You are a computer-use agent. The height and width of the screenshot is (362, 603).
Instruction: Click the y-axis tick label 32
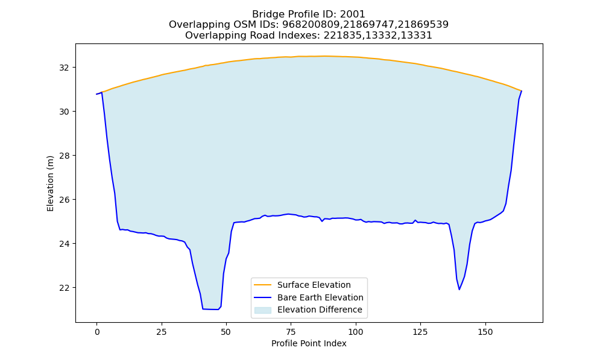[x=65, y=68]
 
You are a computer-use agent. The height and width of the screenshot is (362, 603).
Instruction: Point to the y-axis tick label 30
[x=65, y=112]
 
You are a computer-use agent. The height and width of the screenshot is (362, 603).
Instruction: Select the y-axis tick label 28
[x=65, y=156]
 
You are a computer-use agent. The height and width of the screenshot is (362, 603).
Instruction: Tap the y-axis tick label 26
[x=65, y=200]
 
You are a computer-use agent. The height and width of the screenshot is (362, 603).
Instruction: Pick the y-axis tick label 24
[x=65, y=244]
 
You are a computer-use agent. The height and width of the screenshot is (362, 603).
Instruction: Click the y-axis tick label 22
[x=65, y=288]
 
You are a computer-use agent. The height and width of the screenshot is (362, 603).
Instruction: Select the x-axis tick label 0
[x=97, y=332]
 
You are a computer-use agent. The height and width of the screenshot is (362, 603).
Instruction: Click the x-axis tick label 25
[x=162, y=332]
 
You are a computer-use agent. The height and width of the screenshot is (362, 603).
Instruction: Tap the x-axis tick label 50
[x=227, y=332]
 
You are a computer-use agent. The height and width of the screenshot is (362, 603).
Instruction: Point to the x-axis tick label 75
[x=291, y=332]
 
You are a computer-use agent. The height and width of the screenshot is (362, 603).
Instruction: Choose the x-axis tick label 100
[x=356, y=332]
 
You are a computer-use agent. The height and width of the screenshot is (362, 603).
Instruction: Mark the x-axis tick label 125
[x=420, y=332]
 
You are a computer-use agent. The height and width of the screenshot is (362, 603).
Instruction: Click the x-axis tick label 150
[x=485, y=332]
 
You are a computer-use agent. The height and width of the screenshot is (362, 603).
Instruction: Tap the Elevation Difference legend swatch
[x=263, y=310]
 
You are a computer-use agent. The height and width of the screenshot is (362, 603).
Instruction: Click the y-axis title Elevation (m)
[x=51, y=184]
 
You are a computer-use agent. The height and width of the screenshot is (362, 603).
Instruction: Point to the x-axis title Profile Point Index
[x=309, y=343]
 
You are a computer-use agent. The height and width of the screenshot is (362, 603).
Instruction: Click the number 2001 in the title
[x=352, y=14]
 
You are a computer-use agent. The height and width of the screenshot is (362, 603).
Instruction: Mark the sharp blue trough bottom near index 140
[x=459, y=289]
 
